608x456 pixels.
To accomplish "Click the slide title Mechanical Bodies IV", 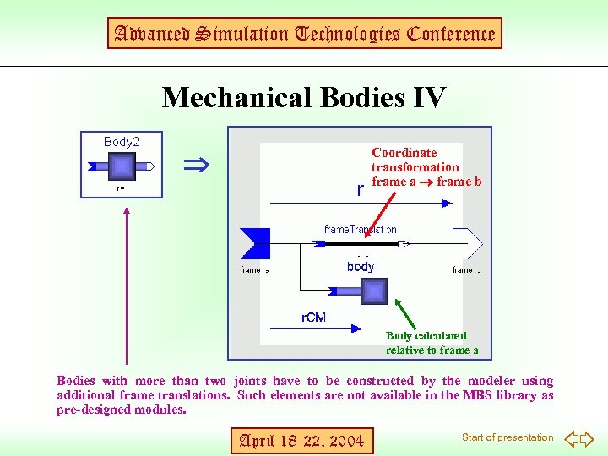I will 303,98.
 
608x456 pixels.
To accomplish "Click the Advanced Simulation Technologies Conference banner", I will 304,34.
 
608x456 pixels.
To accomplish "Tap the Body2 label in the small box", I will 122,142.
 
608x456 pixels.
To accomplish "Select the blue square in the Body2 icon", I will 122,166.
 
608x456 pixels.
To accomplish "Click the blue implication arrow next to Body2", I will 197,164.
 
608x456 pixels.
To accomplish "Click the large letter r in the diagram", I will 361,190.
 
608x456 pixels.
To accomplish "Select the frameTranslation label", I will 361,230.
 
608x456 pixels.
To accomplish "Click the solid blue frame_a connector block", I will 255,243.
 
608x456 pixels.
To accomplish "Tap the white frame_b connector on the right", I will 470,243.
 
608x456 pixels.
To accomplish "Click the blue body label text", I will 361,267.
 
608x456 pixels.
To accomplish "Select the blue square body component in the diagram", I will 375,291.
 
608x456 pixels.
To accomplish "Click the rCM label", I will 314,318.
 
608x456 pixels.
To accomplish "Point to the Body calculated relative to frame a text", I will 432,343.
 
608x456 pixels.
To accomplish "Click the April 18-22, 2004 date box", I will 301,440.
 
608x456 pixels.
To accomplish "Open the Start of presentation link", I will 507,437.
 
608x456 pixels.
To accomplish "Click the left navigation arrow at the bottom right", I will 571,438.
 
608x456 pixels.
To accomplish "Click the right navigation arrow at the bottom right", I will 589,438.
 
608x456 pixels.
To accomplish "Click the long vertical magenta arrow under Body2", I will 126,287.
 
